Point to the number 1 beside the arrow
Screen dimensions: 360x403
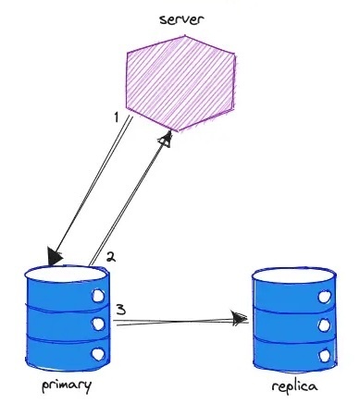point(116,118)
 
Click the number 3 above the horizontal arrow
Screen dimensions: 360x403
point(121,308)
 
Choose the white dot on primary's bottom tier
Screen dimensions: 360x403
point(97,354)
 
